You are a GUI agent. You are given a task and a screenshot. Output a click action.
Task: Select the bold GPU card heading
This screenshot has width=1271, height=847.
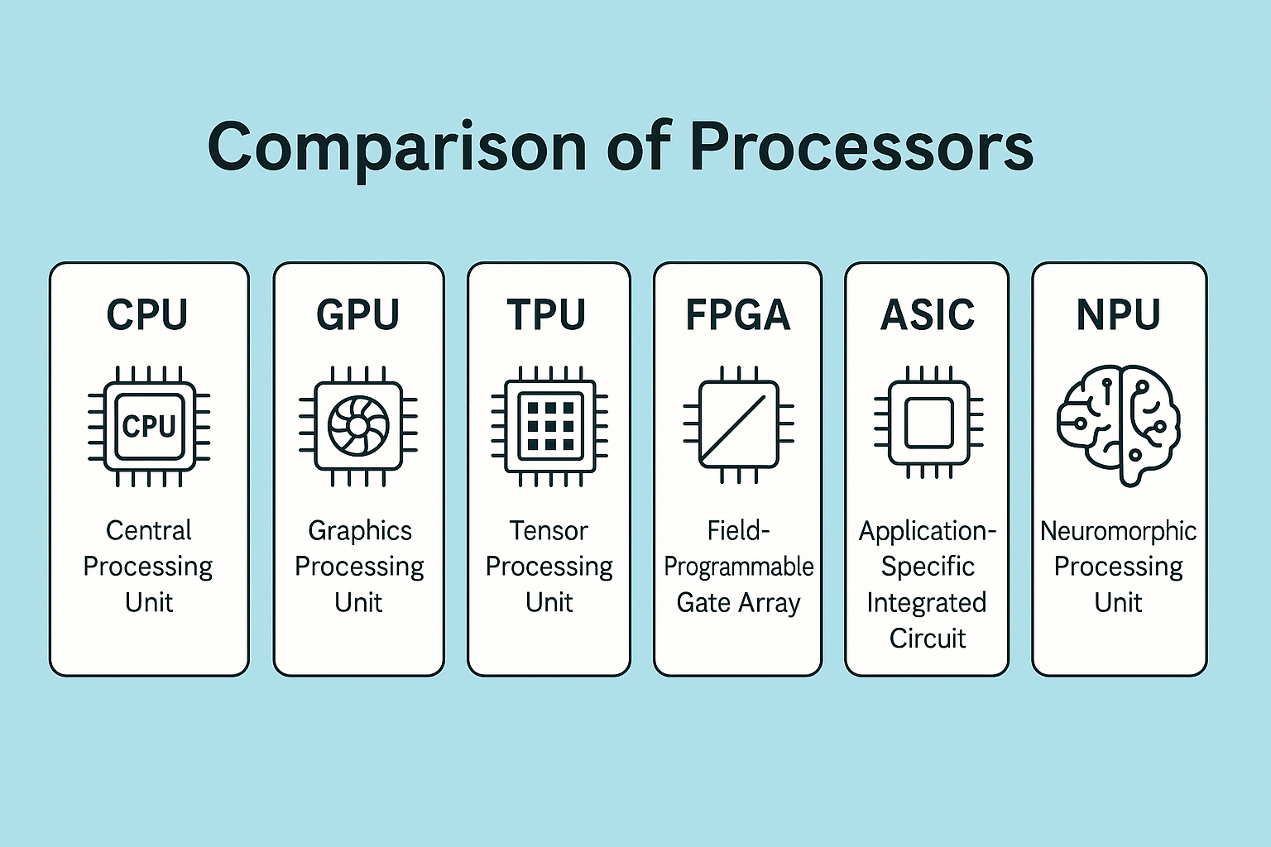[x=357, y=314]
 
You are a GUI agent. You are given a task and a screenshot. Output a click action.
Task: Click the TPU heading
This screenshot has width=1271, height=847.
[x=546, y=314]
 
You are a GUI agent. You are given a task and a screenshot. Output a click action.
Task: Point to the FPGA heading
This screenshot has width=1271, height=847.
[x=737, y=314]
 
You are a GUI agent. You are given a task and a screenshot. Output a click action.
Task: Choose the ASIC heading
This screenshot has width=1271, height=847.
[x=928, y=314]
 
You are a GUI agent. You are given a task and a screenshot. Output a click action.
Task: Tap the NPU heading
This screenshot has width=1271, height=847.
[x=1118, y=314]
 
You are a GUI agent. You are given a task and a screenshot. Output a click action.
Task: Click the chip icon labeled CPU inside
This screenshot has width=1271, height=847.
[x=149, y=426]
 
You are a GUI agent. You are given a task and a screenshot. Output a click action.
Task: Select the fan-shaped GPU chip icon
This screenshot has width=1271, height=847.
[x=358, y=426]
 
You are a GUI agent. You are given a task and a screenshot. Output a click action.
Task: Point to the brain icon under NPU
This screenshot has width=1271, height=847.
[x=1118, y=425]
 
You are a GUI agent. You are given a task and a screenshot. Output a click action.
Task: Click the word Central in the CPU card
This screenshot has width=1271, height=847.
[x=149, y=530]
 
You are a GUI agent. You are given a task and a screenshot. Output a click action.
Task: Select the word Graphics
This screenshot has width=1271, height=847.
[x=360, y=530]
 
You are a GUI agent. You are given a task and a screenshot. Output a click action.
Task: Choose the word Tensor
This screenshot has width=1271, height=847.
[x=549, y=530]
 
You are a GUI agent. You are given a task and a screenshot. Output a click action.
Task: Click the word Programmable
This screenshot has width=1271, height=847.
[x=738, y=567]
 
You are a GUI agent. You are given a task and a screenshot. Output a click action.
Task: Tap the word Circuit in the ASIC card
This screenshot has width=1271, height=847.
[x=928, y=639]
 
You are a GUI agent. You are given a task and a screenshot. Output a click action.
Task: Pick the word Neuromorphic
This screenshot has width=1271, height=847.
[x=1118, y=530]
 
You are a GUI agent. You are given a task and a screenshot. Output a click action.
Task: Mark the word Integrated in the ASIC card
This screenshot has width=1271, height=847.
[x=927, y=603]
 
